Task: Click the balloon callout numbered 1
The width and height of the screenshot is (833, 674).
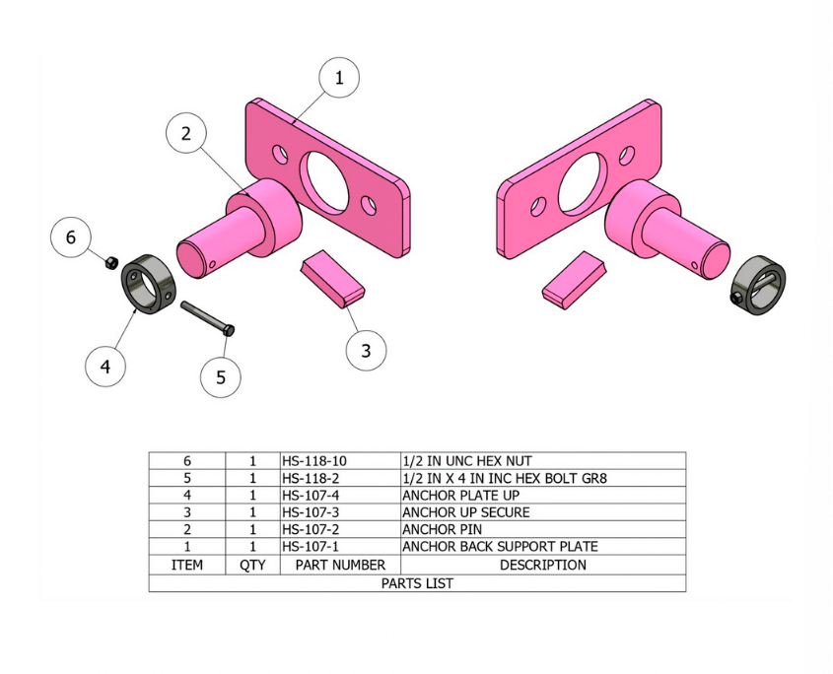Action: (339, 78)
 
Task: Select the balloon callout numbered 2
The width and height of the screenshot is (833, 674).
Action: (186, 133)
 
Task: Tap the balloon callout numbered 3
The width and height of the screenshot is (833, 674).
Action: (366, 351)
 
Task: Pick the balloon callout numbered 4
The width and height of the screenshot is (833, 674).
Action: (105, 366)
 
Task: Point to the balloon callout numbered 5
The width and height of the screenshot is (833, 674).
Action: (221, 377)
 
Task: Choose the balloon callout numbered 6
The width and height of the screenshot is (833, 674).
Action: (71, 237)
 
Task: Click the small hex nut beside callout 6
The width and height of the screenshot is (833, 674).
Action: (111, 262)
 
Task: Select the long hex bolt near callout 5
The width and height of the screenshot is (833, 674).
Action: (208, 318)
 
